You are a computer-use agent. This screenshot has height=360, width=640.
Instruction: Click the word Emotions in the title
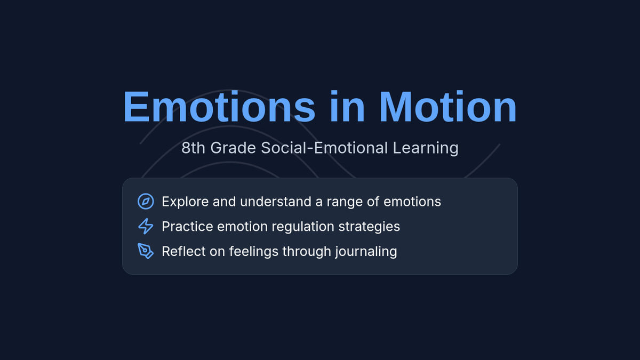click(x=219, y=106)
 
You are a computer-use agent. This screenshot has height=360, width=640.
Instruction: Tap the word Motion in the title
click(x=448, y=106)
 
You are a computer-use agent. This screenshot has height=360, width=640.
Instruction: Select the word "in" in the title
click(x=347, y=106)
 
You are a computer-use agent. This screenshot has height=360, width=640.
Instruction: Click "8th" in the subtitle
click(x=194, y=148)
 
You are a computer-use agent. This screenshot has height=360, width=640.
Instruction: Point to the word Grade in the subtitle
click(x=233, y=148)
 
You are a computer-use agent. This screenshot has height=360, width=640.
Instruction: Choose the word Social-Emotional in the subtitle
click(x=324, y=148)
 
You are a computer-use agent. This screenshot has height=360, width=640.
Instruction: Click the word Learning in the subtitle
click(x=426, y=149)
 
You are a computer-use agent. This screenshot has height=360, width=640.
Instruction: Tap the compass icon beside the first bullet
click(x=146, y=202)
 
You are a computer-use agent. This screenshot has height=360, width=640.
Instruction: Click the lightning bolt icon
click(x=146, y=226)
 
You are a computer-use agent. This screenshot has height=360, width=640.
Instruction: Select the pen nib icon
click(x=146, y=251)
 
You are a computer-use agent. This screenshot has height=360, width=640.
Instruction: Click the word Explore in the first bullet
click(x=185, y=202)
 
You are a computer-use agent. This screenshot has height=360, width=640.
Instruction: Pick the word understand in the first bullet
click(x=275, y=202)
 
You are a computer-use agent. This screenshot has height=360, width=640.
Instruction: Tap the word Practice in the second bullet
click(x=187, y=227)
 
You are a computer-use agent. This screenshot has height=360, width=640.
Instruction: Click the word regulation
click(x=303, y=227)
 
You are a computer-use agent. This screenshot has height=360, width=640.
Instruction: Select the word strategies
click(x=369, y=227)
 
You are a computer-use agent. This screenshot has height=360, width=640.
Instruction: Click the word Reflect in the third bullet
click(x=183, y=251)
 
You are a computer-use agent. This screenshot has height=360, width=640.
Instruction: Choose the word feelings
click(x=254, y=252)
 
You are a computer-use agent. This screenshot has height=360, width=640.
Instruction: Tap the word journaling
click(x=366, y=252)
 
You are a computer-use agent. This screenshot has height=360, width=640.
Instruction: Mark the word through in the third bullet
click(x=307, y=252)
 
